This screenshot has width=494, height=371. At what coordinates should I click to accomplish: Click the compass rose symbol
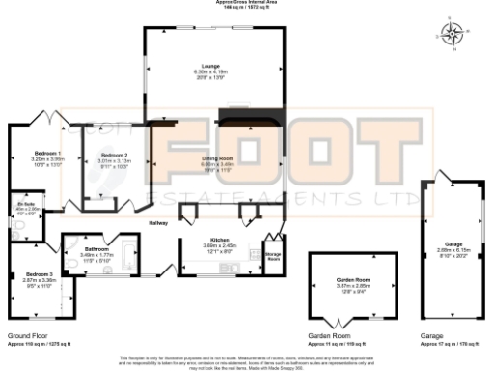(453, 36)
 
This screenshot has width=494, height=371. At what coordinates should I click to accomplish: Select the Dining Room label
(217, 157)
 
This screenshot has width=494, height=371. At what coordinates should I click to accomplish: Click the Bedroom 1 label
(47, 153)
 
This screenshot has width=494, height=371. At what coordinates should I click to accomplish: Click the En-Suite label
(26, 204)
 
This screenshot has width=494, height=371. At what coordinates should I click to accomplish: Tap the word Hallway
(157, 223)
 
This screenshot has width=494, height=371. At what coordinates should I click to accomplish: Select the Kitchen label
(216, 239)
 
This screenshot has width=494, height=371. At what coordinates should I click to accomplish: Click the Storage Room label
(273, 256)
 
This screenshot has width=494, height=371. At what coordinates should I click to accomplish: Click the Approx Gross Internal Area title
(246, 3)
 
